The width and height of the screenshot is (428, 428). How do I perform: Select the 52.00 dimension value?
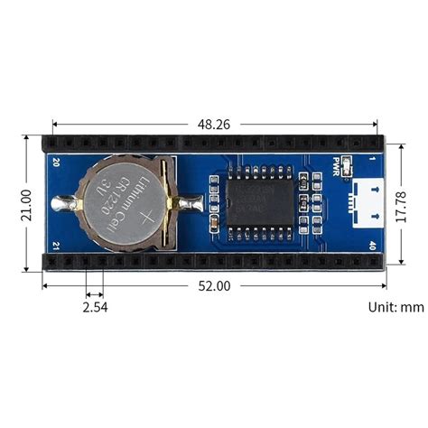[x=213, y=285]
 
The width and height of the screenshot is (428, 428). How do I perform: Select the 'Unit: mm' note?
[x=395, y=307]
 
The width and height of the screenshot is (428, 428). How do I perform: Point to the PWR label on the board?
[x=341, y=169]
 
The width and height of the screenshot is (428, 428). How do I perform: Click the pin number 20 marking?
[x=56, y=163]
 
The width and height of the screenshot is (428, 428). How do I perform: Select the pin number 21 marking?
[x=56, y=246]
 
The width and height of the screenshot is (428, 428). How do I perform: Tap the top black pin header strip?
[x=213, y=144]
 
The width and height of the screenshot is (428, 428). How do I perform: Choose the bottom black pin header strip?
[x=213, y=262]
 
